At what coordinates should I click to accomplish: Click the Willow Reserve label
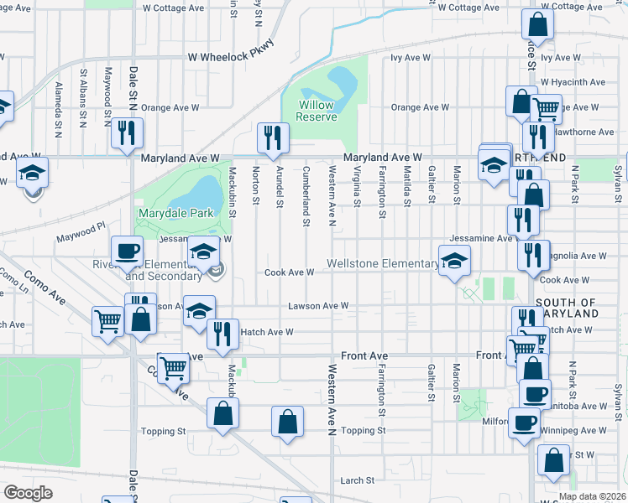(x=317, y=111)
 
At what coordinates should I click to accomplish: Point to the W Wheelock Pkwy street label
(x=231, y=58)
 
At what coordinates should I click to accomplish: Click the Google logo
(x=28, y=493)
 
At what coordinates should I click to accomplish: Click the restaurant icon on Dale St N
(x=127, y=133)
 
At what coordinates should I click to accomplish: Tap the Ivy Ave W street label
(x=410, y=58)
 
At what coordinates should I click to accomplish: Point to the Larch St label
(x=358, y=480)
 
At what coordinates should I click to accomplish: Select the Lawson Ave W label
(x=318, y=306)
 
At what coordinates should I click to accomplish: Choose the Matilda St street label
(x=406, y=184)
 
